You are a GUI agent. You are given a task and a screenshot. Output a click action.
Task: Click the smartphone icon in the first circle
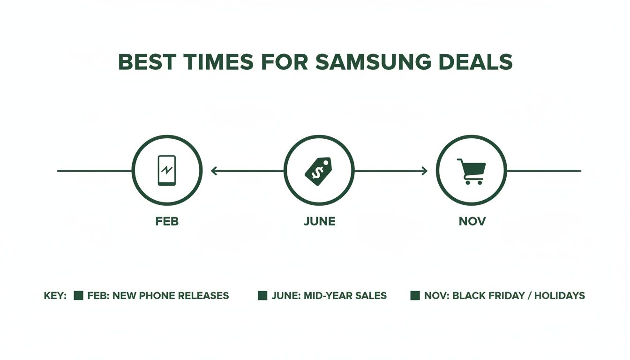(167, 171)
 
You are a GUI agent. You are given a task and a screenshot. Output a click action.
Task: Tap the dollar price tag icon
(319, 171)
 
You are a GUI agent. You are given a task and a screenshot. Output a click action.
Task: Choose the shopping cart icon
(471, 171)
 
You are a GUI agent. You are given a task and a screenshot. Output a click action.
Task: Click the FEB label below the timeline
(167, 221)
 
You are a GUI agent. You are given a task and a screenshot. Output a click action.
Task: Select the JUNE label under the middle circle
(319, 221)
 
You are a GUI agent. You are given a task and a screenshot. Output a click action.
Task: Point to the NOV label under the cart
(472, 221)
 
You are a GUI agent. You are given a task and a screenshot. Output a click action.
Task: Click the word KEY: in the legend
(55, 296)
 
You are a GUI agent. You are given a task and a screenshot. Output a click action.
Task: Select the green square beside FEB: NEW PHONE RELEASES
(79, 296)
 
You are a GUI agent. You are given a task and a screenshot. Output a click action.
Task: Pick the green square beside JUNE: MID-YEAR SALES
(262, 296)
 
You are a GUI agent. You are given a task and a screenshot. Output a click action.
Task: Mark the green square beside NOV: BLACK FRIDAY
(415, 296)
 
